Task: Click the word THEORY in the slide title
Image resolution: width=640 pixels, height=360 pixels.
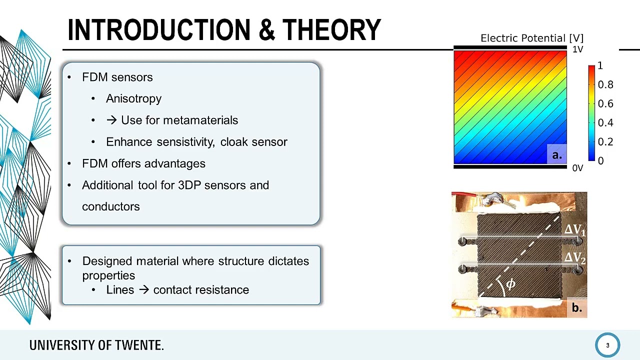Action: click(331, 30)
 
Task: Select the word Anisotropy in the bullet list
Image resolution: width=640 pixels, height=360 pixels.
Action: click(133, 98)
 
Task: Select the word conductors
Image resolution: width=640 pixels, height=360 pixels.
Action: click(110, 206)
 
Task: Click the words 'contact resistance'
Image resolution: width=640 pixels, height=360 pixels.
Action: click(201, 290)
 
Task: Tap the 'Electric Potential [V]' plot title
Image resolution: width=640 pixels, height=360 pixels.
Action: click(531, 38)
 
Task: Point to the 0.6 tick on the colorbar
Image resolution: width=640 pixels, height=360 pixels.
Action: click(605, 103)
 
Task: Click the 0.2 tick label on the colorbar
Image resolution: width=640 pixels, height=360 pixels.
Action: click(605, 141)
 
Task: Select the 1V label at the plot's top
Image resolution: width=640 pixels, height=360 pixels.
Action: click(577, 49)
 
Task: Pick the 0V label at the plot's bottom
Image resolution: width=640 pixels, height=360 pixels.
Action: click(577, 168)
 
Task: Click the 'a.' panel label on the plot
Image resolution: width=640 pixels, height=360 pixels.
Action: click(556, 155)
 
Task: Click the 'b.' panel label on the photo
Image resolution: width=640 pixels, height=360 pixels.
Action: click(576, 308)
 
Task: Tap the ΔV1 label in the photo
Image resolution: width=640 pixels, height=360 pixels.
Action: click(574, 230)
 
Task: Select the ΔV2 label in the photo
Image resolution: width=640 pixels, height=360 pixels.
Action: click(574, 258)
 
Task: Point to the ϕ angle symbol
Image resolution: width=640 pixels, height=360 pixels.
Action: click(510, 284)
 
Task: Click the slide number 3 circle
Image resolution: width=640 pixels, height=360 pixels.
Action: click(607, 345)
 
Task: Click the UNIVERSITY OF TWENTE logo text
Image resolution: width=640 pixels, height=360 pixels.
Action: click(96, 345)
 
